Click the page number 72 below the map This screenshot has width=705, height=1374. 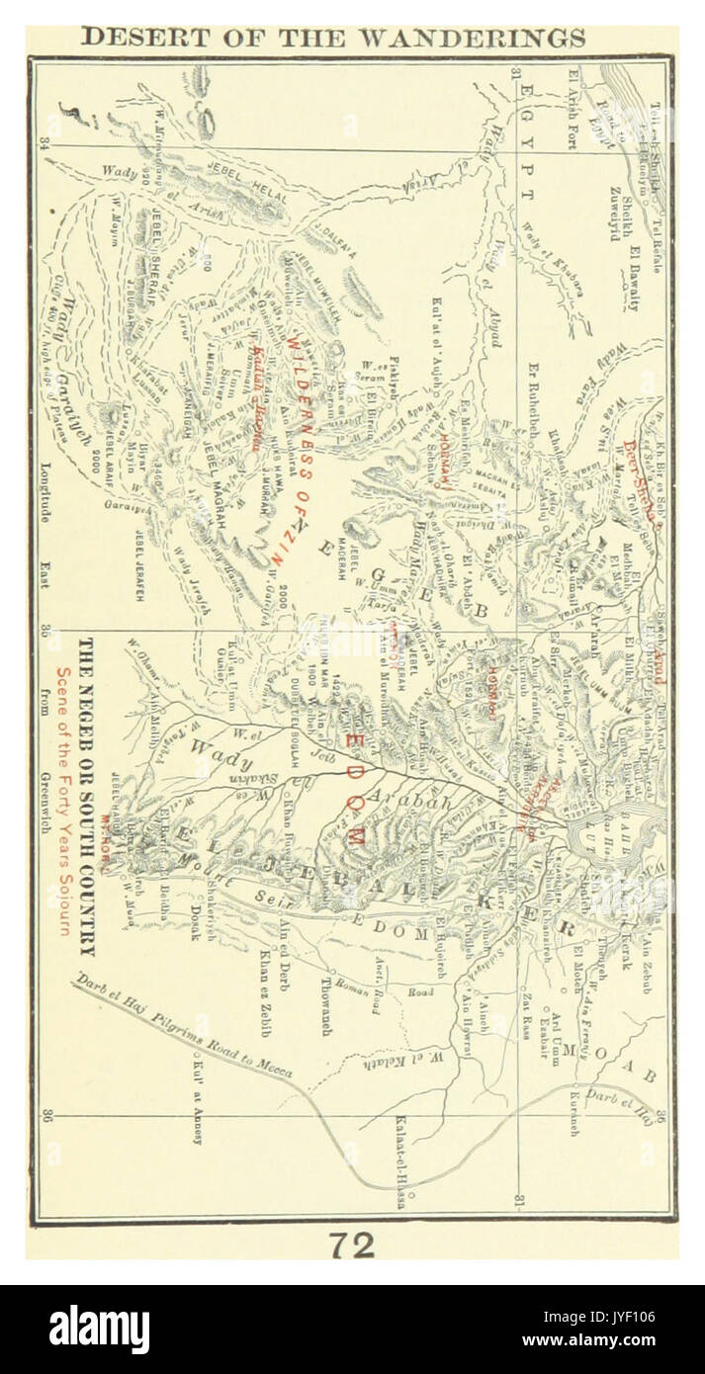click(x=352, y=1245)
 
